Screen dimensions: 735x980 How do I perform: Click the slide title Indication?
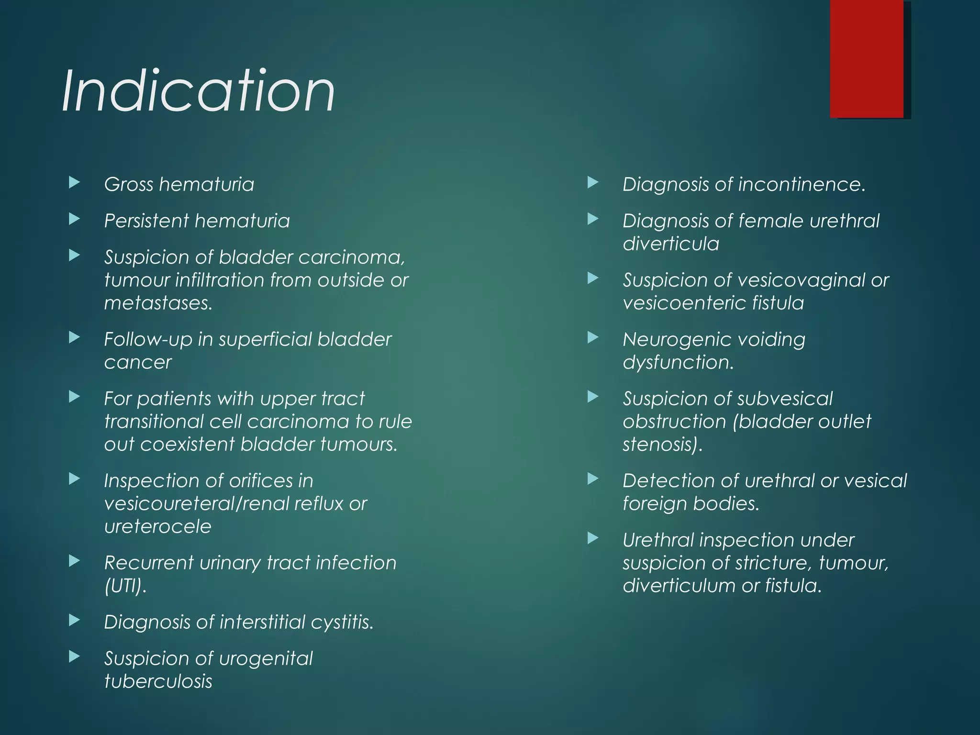click(199, 91)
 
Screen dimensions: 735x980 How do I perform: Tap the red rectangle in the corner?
click(867, 58)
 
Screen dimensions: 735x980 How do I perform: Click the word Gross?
click(129, 185)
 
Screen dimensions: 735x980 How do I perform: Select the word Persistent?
click(146, 221)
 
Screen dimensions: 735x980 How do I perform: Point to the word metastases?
click(158, 303)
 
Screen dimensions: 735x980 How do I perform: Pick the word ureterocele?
click(158, 526)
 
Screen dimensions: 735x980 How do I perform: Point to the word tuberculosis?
click(158, 681)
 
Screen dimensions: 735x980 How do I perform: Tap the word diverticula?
click(671, 244)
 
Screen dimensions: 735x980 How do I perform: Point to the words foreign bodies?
click(690, 503)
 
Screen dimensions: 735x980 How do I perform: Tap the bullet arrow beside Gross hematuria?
click(74, 182)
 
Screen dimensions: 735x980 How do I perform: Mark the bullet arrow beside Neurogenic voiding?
click(593, 338)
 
